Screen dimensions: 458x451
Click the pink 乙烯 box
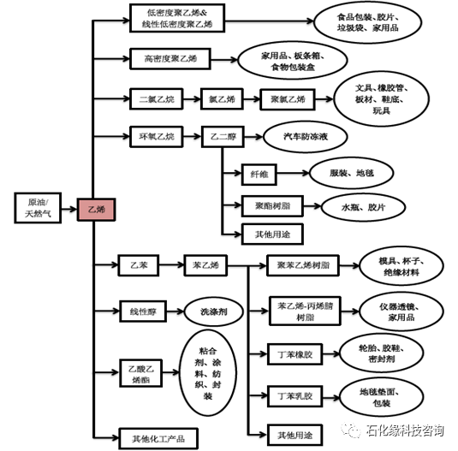[x=96, y=210]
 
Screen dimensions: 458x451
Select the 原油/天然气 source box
[x=38, y=208]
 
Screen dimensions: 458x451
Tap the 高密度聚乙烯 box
[x=170, y=59]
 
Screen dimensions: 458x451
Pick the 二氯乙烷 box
[x=157, y=99]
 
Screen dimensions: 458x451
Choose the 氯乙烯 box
[x=222, y=99]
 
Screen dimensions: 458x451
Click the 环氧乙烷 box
[x=157, y=137]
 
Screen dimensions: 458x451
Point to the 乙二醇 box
[x=223, y=137]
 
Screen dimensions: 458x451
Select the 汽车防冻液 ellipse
[x=306, y=137]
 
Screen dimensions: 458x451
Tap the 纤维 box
[x=259, y=175]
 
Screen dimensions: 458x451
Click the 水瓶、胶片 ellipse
[x=363, y=207]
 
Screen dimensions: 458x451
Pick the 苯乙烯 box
[x=205, y=265]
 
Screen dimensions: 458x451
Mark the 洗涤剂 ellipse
[x=214, y=312]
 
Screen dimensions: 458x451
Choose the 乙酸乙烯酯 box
[x=140, y=373]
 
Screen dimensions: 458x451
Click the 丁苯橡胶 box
[x=294, y=354]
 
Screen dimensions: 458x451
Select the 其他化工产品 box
[x=158, y=438]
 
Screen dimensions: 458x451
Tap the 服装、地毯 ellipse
[x=351, y=173]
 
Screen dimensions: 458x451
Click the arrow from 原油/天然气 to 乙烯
[x=69, y=209]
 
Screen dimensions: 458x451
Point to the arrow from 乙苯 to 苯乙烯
[x=171, y=265]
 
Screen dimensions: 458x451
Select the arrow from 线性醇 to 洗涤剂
[x=175, y=312]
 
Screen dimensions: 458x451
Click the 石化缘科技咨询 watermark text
[x=405, y=430]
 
